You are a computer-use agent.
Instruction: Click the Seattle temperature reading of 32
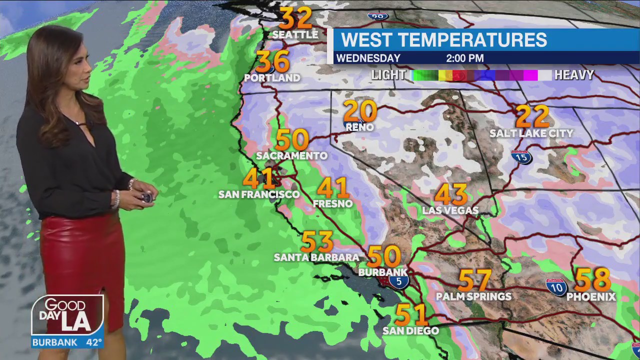(295, 18)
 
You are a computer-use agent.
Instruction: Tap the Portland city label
(272, 78)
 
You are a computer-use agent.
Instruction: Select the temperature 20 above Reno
(360, 111)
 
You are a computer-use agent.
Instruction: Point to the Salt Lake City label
(531, 133)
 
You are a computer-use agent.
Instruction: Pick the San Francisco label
(258, 194)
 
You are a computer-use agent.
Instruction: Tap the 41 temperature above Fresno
(332, 188)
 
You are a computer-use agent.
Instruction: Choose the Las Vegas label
(450, 210)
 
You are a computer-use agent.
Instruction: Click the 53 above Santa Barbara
(316, 242)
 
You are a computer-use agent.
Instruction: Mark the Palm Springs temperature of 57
(474, 280)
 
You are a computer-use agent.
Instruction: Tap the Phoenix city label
(591, 297)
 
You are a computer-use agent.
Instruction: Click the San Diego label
(410, 330)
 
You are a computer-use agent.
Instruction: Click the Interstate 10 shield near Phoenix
(556, 287)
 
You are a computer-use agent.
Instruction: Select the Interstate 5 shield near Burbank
(398, 281)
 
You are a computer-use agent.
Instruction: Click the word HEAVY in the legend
(574, 75)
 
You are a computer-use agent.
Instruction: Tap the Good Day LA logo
(67, 315)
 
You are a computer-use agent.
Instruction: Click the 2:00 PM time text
(464, 58)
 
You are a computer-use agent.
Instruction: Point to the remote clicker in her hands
(146, 197)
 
